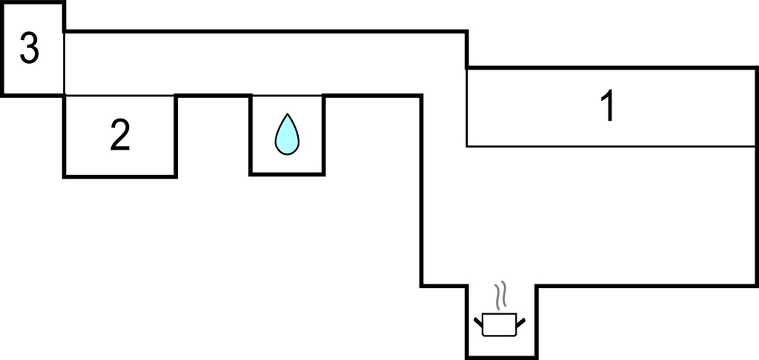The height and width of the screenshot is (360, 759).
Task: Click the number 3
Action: coord(29,48)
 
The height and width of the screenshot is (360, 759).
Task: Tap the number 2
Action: coord(120,135)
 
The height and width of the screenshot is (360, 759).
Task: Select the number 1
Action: coord(608,107)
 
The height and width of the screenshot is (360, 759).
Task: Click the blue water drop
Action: coord(287,135)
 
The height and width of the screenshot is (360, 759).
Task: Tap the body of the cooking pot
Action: coord(500,324)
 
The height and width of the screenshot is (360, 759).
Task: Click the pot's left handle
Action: coord(478,321)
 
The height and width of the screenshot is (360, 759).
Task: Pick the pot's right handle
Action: coord(521,322)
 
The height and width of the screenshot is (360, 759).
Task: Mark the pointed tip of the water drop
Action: coord(288,114)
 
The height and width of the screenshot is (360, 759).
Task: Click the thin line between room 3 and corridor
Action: coord(64,63)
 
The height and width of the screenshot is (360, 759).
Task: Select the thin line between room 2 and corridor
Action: coord(119,96)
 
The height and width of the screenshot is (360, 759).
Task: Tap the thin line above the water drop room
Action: coord(287,96)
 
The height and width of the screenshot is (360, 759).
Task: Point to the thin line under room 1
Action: coord(611,146)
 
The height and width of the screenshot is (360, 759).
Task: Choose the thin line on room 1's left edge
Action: coord(467,107)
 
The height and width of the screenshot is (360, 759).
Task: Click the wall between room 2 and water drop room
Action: coord(213,96)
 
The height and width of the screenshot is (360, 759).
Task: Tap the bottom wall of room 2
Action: coord(119,176)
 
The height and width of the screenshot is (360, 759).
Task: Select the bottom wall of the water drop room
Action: coord(287,174)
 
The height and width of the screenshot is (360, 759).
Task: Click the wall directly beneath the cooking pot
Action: coord(502,358)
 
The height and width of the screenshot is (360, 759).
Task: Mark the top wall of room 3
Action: coord(33,3)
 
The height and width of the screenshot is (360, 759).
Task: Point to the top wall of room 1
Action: coord(611,67)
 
